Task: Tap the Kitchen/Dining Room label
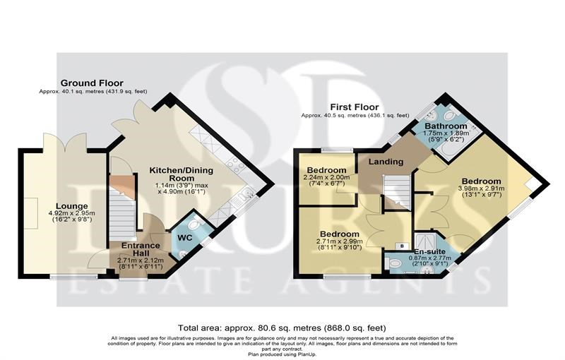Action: [x=182, y=174]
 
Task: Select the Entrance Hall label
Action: [x=141, y=249]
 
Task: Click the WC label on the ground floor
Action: [x=184, y=238]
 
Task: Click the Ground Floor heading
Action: [x=92, y=83]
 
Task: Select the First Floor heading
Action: [x=355, y=107]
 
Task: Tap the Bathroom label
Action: [x=446, y=126]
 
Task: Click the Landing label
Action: [x=386, y=162]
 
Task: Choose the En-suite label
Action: [x=429, y=251]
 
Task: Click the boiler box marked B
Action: [x=402, y=246]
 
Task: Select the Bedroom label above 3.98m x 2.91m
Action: [x=482, y=181]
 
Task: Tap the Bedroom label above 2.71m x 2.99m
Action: [x=340, y=234]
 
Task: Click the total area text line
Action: [x=282, y=328]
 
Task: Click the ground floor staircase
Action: [x=122, y=209]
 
